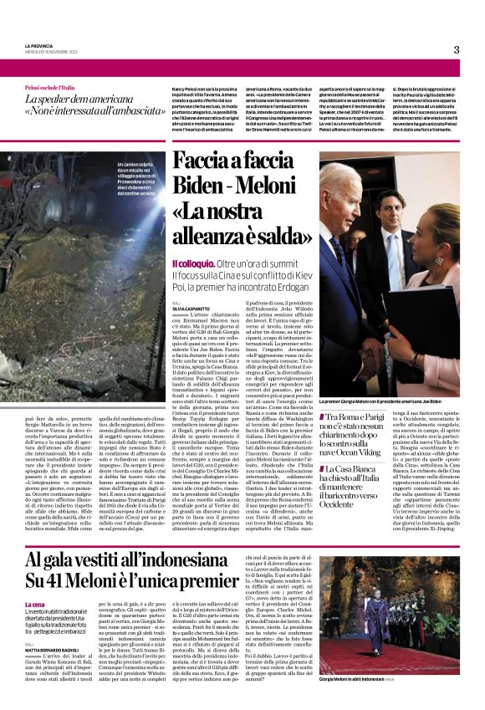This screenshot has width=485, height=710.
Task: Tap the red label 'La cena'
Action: tap(35, 604)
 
